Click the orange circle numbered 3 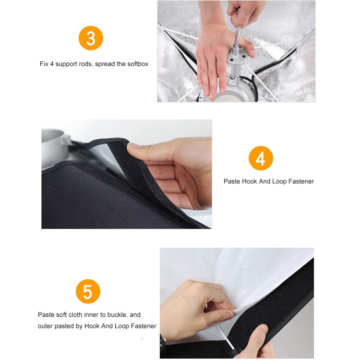pyautogui.click(x=91, y=38)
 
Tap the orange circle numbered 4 pyautogui.click(x=261, y=158)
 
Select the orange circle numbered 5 pyautogui.click(x=88, y=292)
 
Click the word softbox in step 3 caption pyautogui.click(x=136, y=63)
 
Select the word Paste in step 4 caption pyautogui.click(x=232, y=181)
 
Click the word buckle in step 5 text pyautogui.click(x=114, y=315)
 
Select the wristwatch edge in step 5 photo pyautogui.click(x=164, y=342)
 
